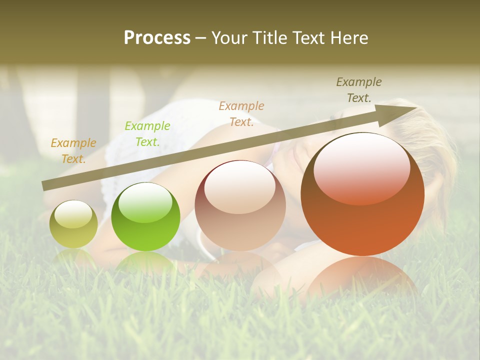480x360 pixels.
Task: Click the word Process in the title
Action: (x=157, y=38)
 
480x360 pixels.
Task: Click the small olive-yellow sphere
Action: (x=73, y=224)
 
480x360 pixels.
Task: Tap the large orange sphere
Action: (x=362, y=195)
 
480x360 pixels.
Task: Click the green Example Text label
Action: (x=147, y=134)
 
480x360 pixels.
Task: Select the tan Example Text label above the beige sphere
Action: (x=241, y=114)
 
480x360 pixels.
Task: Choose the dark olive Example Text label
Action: (x=359, y=90)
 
